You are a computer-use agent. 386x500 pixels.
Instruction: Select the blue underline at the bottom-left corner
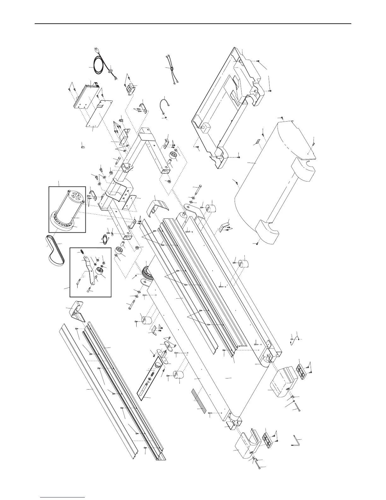tap(63, 497)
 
